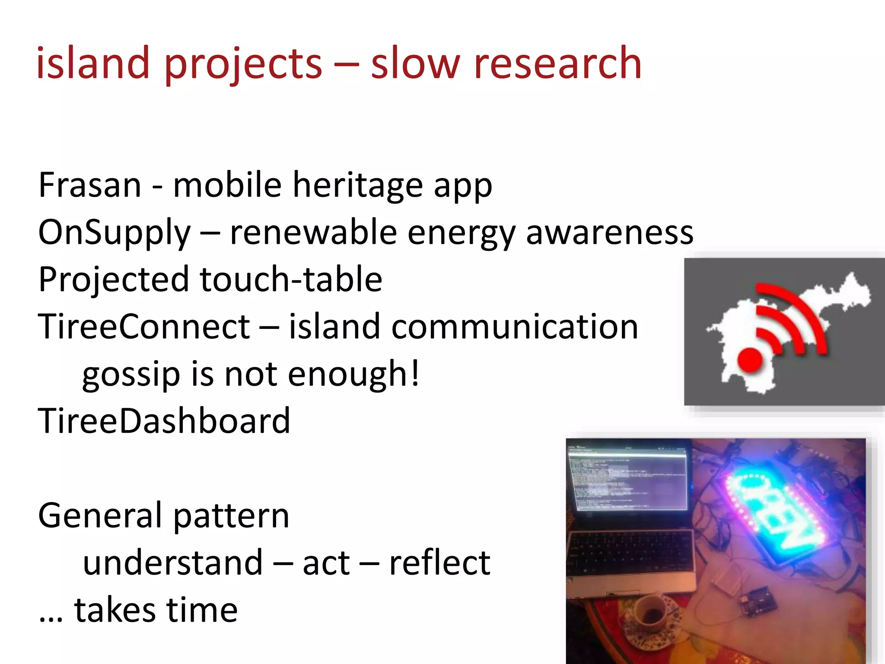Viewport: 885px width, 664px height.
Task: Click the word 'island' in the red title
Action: click(x=92, y=64)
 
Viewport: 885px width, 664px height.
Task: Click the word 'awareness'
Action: click(x=609, y=233)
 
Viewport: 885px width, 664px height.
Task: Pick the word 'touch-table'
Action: click(x=291, y=279)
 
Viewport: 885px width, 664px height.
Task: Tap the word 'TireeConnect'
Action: click(x=144, y=326)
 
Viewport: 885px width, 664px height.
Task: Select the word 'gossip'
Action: click(x=131, y=374)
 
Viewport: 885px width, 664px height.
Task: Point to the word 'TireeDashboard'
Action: click(x=164, y=421)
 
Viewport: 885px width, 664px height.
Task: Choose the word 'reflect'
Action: click(x=439, y=563)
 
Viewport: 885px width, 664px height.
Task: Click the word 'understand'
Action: click(x=173, y=563)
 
